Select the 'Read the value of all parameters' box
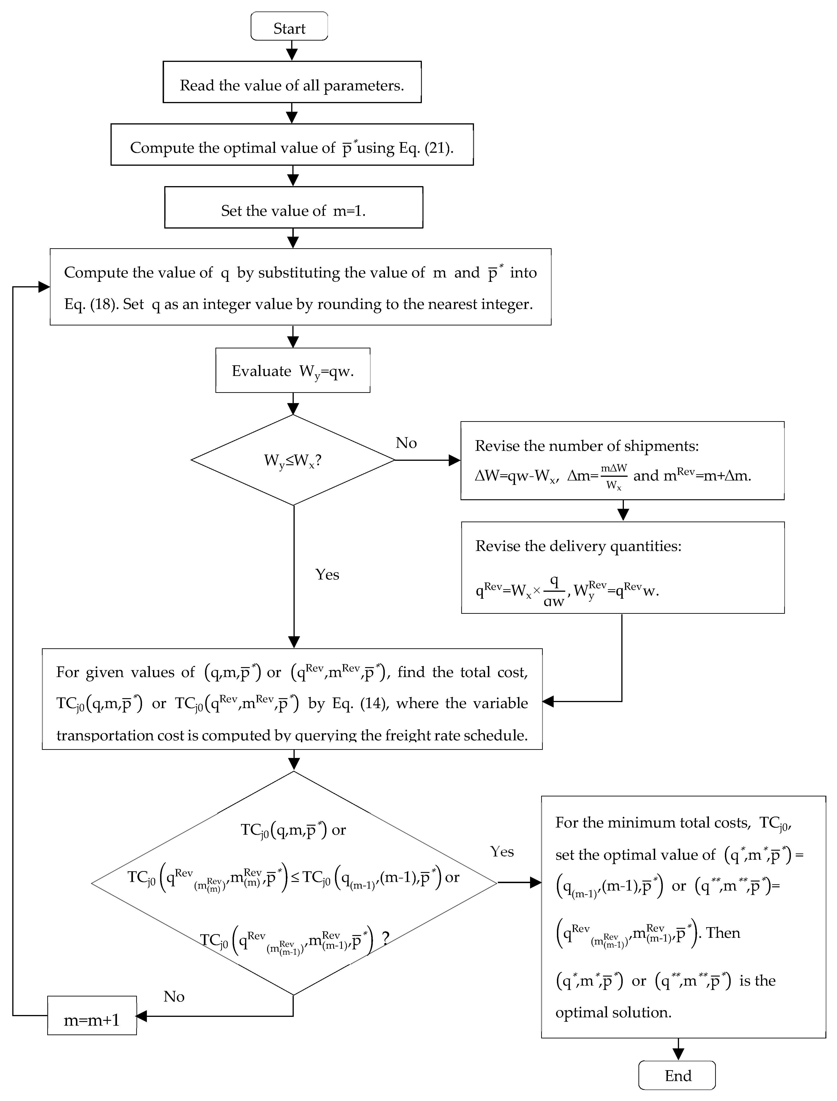(292, 82)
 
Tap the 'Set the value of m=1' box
(294, 207)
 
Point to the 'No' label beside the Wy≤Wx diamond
(406, 442)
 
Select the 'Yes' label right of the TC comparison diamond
(502, 851)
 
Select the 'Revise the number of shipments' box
(622, 461)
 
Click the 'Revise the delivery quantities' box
(623, 567)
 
